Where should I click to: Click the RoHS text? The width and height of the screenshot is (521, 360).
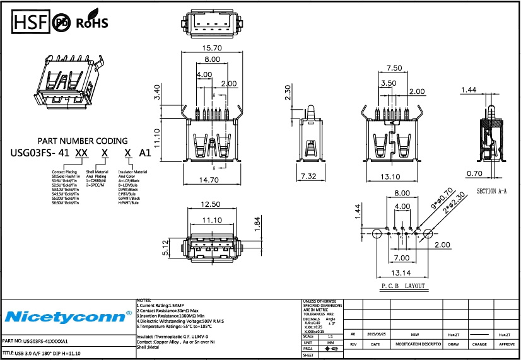[92, 23]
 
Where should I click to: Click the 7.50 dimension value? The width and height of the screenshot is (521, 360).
[394, 67]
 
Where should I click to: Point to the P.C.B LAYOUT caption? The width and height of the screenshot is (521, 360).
[402, 286]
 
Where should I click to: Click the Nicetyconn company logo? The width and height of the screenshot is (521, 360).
[67, 315]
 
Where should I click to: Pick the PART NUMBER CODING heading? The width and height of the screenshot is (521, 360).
[83, 141]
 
